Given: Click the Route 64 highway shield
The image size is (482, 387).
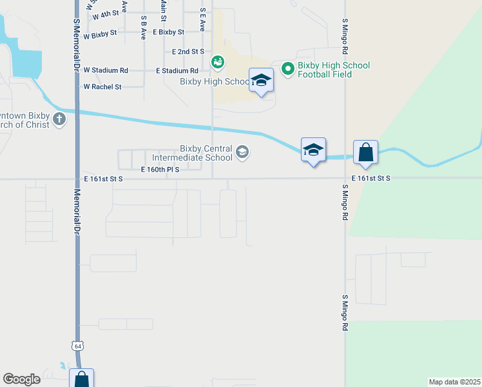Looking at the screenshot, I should tap(78, 346).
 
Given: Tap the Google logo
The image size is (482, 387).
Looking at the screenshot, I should tap(21, 379).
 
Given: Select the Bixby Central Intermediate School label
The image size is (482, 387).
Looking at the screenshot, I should tap(192, 153).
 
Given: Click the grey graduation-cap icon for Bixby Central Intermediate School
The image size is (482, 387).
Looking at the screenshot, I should tap(242, 153).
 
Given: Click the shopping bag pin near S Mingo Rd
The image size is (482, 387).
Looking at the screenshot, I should tap(365, 154).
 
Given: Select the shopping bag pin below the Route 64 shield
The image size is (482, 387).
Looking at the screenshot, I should tap(82, 379).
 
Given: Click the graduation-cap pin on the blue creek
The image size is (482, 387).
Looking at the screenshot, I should tap(313, 150).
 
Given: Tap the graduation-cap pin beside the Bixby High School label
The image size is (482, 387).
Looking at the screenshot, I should tap(261, 81).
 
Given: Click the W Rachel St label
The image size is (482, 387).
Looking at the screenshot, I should tap(102, 86).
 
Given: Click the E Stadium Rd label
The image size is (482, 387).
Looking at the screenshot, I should tap(177, 70).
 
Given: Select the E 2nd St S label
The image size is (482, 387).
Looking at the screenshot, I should tap(188, 51).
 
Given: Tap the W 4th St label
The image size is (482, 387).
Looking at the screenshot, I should tap(106, 14).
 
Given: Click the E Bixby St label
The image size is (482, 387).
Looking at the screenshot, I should tap(164, 32).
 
